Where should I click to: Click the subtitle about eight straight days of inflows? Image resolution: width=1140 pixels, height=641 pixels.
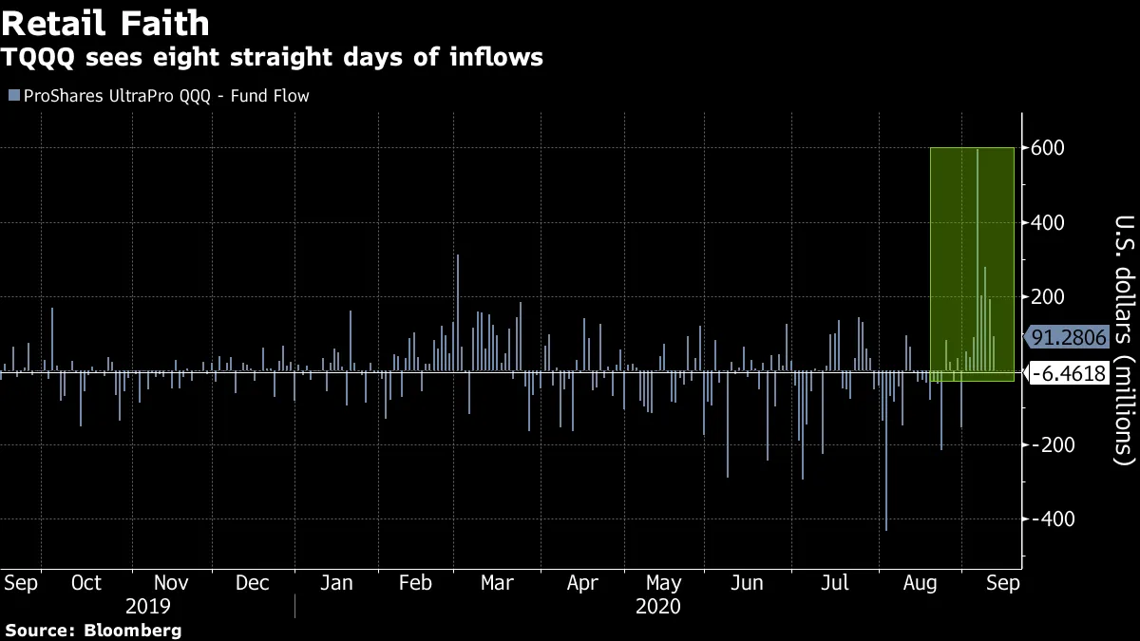tap(272, 57)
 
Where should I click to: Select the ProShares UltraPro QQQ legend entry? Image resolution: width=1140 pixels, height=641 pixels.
tap(158, 96)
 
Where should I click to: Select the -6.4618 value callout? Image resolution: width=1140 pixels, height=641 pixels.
tap(1069, 374)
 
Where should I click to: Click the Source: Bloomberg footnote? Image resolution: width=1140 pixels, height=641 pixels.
tap(92, 631)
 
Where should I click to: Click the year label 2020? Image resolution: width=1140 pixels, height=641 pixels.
tap(657, 607)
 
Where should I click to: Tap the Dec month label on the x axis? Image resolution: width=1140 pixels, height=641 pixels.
tap(252, 583)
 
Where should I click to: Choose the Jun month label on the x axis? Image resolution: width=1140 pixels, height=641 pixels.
tap(748, 583)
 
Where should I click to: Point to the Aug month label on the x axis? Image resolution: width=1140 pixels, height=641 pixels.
tap(917, 583)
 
